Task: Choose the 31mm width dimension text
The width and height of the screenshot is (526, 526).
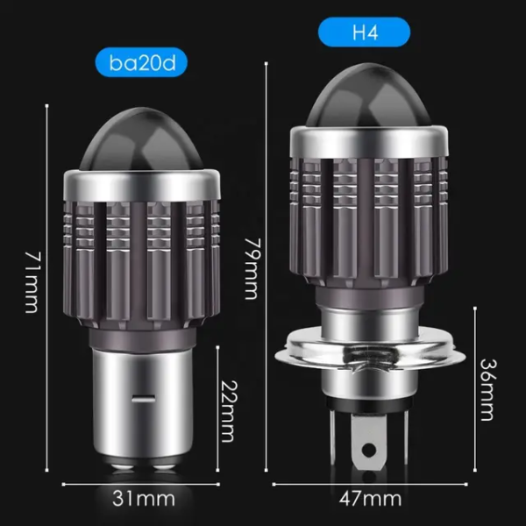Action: [140, 499]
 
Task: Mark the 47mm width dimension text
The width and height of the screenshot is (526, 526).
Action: [369, 499]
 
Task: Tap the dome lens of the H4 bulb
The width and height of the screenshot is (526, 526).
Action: [368, 97]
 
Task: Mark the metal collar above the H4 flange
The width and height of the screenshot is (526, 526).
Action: [368, 316]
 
